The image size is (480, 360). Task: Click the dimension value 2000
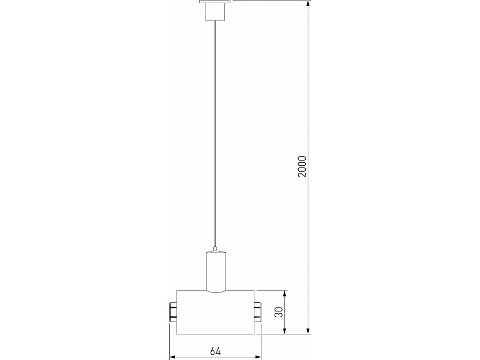(x=302, y=166)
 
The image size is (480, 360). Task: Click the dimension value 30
(x=279, y=312)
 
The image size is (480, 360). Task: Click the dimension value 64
(x=215, y=351)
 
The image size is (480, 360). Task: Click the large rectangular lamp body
(x=215, y=312)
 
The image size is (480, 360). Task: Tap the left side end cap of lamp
(x=173, y=312)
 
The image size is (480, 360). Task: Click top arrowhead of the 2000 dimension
(x=308, y=4)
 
